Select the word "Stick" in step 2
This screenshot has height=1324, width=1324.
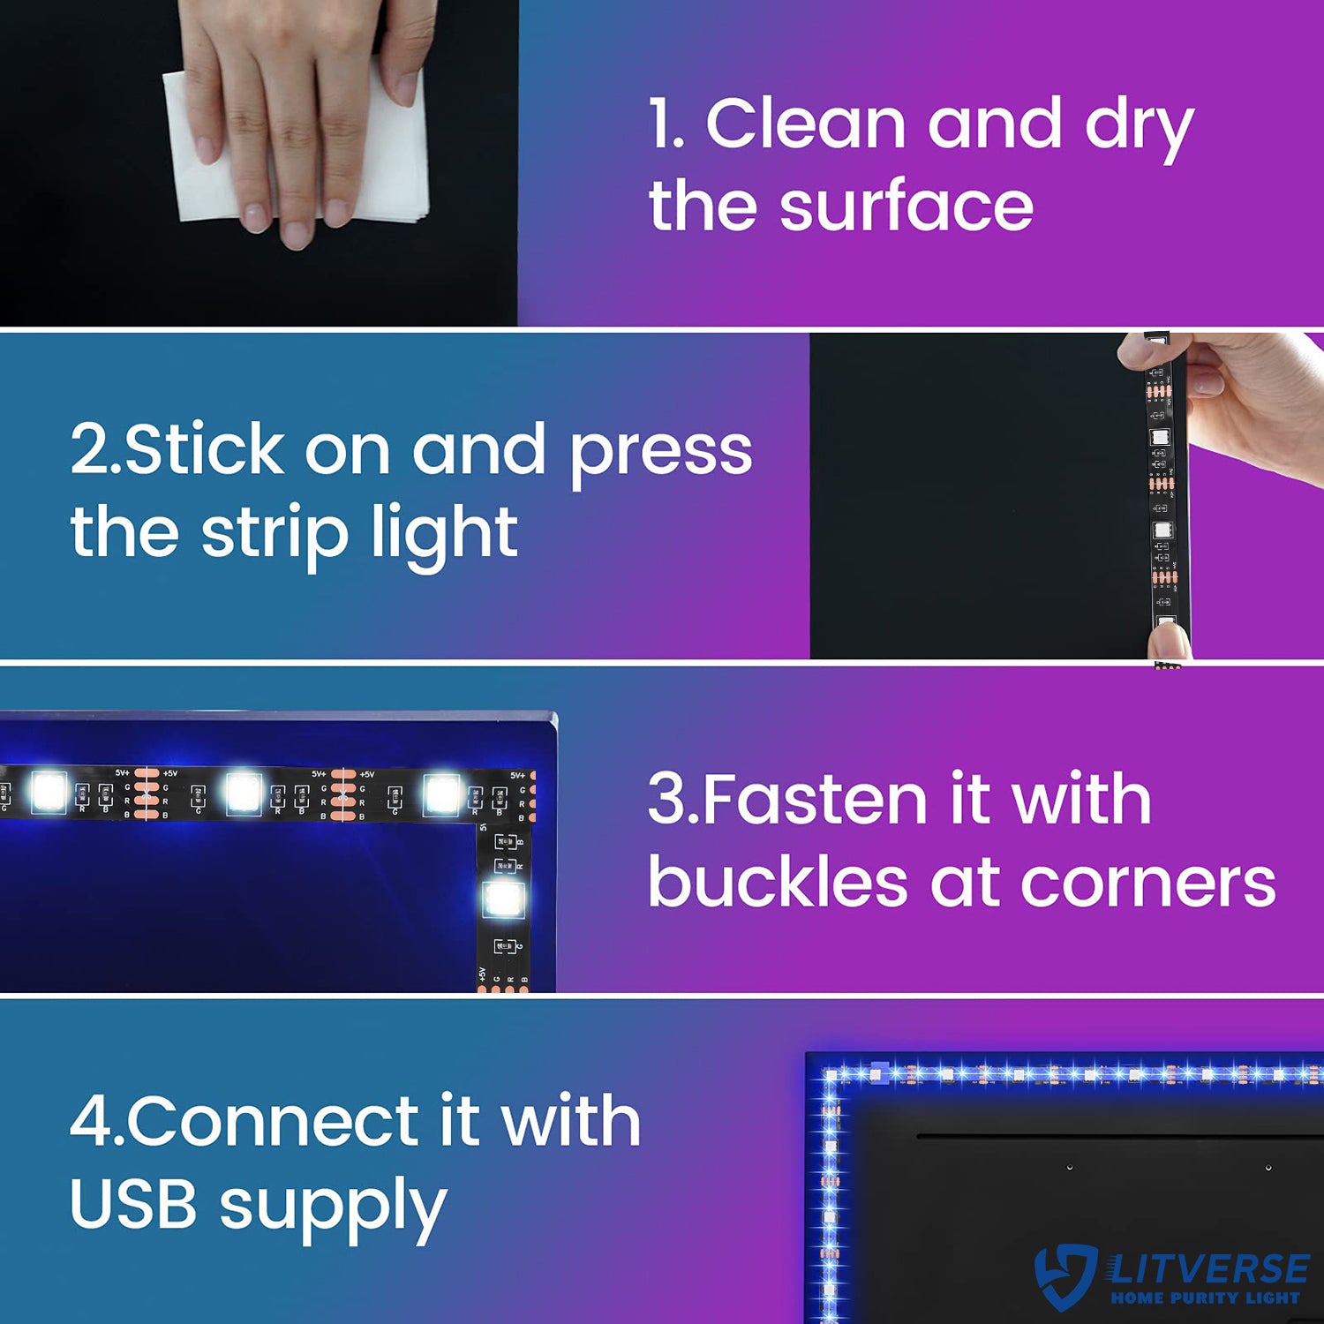tap(205, 449)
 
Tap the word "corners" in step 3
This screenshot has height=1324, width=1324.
tap(1147, 885)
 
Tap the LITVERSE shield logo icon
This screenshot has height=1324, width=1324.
tap(1066, 1276)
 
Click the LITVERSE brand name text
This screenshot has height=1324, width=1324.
tap(1207, 1268)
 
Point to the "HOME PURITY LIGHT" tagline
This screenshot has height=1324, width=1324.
tap(1205, 1298)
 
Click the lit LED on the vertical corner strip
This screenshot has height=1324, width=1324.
tap(504, 899)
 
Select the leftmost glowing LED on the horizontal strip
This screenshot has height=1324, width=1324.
tap(49, 792)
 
